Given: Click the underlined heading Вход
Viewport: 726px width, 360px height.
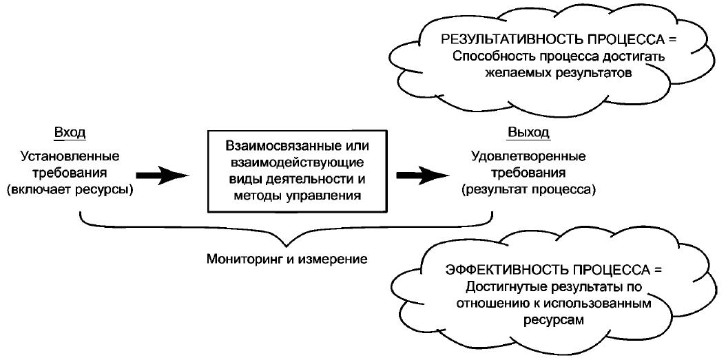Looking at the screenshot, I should pyautogui.click(x=71, y=133).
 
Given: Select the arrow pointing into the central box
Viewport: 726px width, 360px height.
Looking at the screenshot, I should pyautogui.click(x=161, y=176).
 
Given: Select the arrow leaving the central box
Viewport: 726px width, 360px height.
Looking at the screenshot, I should pyautogui.click(x=423, y=176).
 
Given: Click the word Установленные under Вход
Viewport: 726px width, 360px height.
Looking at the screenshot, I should pyautogui.click(x=70, y=156).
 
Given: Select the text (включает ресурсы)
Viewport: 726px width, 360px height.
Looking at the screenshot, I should pyautogui.click(x=71, y=188).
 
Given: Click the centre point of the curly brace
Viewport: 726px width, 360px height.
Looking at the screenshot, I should pyautogui.click(x=287, y=241).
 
